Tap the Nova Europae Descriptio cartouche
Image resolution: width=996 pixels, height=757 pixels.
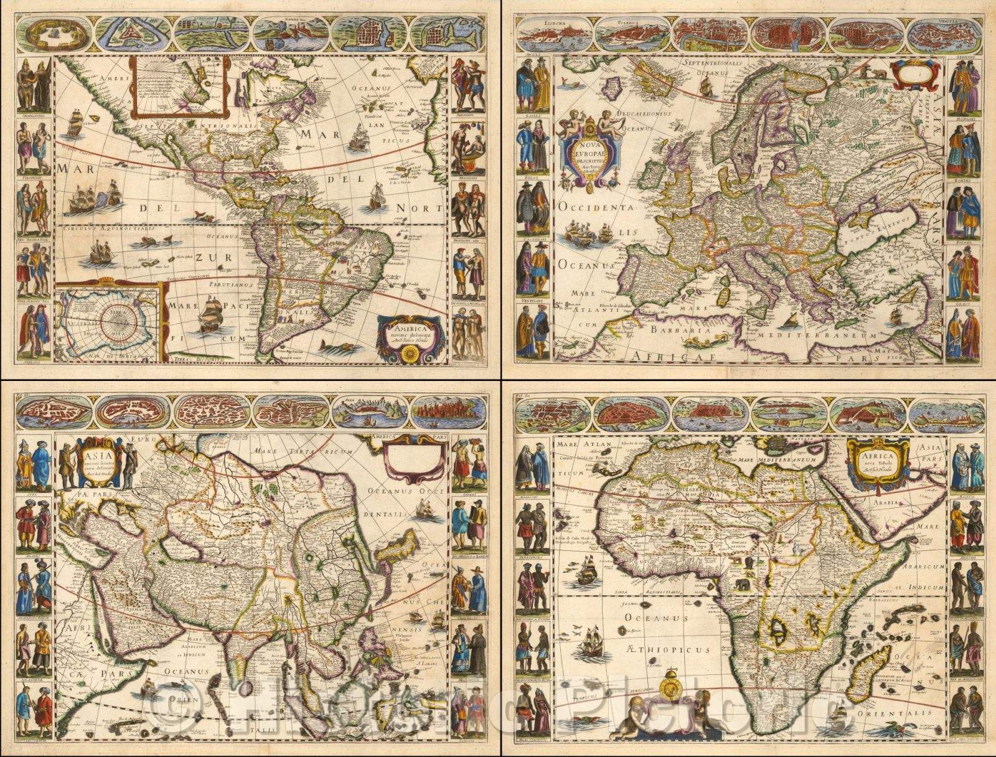pyautogui.click(x=588, y=153)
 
